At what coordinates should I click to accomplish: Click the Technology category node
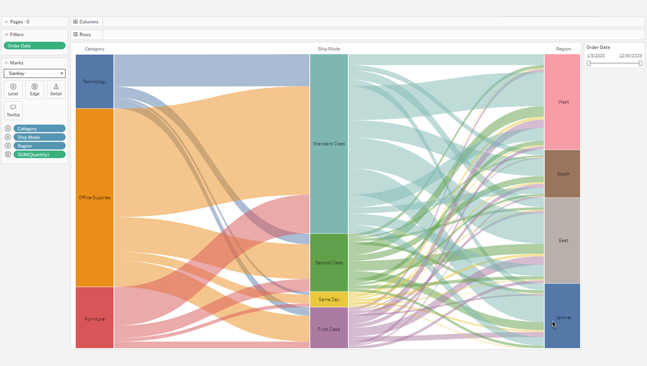(94, 81)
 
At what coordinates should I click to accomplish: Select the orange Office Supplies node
(94, 198)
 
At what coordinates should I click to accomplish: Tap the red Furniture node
(94, 318)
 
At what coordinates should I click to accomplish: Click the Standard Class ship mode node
(329, 144)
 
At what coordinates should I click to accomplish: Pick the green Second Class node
(329, 262)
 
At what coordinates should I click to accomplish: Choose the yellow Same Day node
(329, 299)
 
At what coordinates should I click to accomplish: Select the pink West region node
(562, 102)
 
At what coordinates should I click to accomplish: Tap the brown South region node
(562, 174)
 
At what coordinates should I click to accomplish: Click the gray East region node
(562, 240)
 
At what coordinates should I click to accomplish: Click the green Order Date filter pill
(35, 46)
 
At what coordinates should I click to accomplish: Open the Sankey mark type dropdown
(35, 73)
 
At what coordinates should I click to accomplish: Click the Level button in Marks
(13, 89)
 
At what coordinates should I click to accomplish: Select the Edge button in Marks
(35, 89)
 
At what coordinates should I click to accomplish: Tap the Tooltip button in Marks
(13, 110)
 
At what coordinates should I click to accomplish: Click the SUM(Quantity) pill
(39, 154)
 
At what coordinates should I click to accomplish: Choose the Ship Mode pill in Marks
(39, 137)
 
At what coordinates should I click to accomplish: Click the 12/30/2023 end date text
(630, 55)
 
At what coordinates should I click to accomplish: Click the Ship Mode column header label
(329, 49)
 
